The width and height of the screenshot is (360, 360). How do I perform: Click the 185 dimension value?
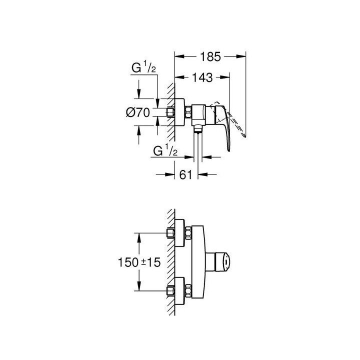click(210, 56)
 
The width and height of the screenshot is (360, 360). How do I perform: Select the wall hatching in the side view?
click(171, 112)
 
